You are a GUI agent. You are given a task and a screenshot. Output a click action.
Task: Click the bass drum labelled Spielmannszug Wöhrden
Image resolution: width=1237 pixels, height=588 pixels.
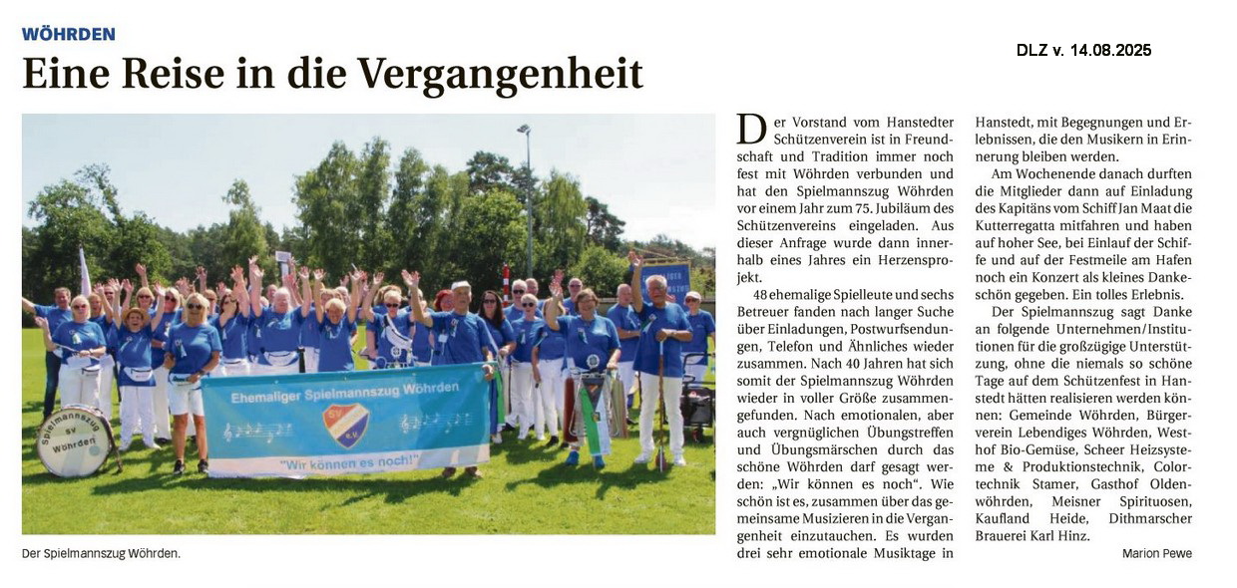75,440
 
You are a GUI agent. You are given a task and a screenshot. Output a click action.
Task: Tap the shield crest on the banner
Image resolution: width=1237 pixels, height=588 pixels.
345,424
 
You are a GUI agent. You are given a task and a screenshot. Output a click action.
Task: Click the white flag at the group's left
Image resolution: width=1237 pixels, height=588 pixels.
84,272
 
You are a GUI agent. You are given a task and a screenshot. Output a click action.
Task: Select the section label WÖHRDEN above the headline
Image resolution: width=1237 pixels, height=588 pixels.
69,34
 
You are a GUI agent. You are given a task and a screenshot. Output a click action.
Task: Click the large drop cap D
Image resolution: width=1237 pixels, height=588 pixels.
751,131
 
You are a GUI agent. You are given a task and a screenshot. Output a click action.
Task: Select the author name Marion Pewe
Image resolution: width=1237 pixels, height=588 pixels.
1156,553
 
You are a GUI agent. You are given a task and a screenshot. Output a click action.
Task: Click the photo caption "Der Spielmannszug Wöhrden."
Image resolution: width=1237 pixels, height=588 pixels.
101,552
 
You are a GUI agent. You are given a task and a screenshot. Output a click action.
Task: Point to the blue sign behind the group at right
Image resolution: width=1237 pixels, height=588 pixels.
665,279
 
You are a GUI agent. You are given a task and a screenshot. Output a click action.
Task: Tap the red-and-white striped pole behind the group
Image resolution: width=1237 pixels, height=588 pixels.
507,282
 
